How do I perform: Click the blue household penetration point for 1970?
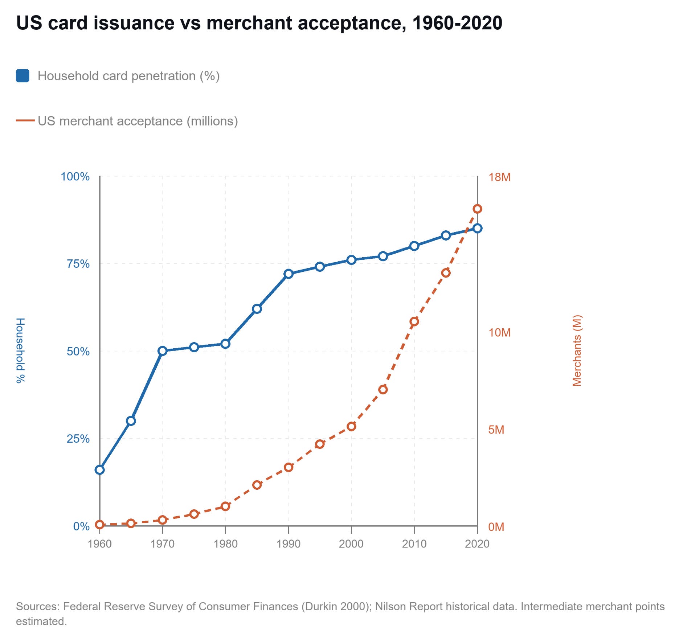coord(163,351)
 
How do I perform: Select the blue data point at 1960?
coord(100,470)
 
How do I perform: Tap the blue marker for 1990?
coord(289,274)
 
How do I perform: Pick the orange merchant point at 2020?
coord(478,209)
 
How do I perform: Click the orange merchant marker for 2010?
coord(414,321)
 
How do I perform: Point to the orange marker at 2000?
coord(351,426)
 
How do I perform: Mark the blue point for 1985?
coord(257,309)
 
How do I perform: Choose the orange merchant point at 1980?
coord(225,506)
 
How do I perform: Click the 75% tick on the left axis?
coord(78,264)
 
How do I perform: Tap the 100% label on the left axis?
coord(75,177)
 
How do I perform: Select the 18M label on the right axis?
coord(499,177)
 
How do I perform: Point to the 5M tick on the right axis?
coord(496,430)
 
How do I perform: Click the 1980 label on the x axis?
coord(225,544)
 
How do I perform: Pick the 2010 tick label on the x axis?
coord(414,544)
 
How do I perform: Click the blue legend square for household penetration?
coord(23,76)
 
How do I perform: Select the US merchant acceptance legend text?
coord(138,121)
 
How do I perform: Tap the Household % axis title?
coord(20,350)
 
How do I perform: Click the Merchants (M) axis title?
coord(577,350)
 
